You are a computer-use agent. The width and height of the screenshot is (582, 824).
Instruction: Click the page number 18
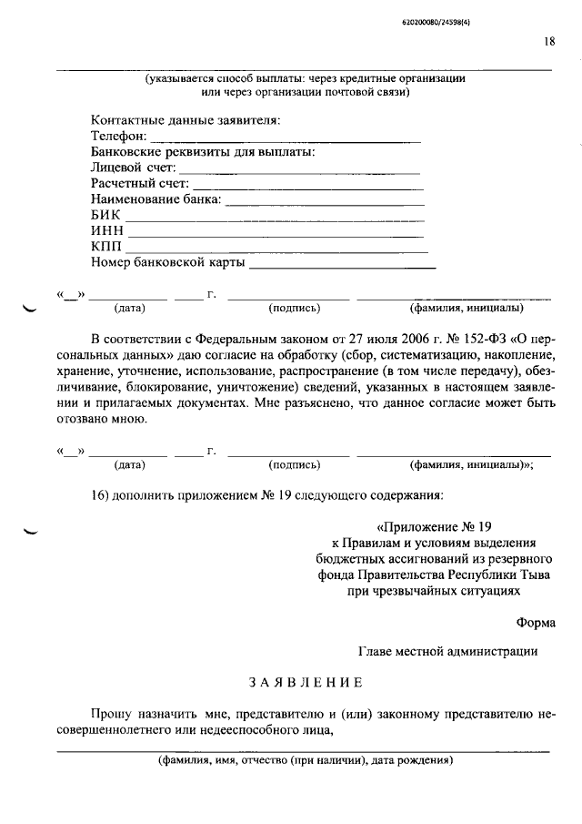(x=550, y=41)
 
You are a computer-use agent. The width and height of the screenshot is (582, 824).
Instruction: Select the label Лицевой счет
(x=133, y=168)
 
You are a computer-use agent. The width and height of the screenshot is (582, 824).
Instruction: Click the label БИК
(x=105, y=216)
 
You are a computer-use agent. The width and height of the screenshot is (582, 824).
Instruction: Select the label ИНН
(x=107, y=231)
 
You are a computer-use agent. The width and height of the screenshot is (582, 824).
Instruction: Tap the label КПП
(x=107, y=248)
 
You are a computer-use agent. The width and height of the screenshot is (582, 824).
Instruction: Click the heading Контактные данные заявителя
(x=186, y=120)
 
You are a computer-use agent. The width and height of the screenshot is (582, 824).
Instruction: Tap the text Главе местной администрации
(x=447, y=651)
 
